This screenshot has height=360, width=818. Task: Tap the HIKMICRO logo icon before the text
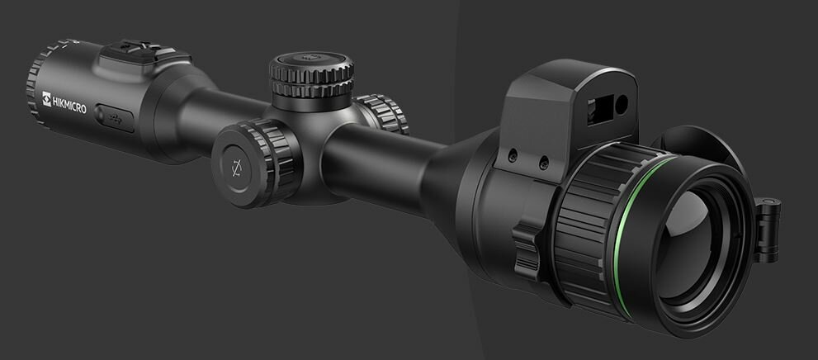47,97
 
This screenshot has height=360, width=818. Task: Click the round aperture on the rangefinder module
620,103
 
